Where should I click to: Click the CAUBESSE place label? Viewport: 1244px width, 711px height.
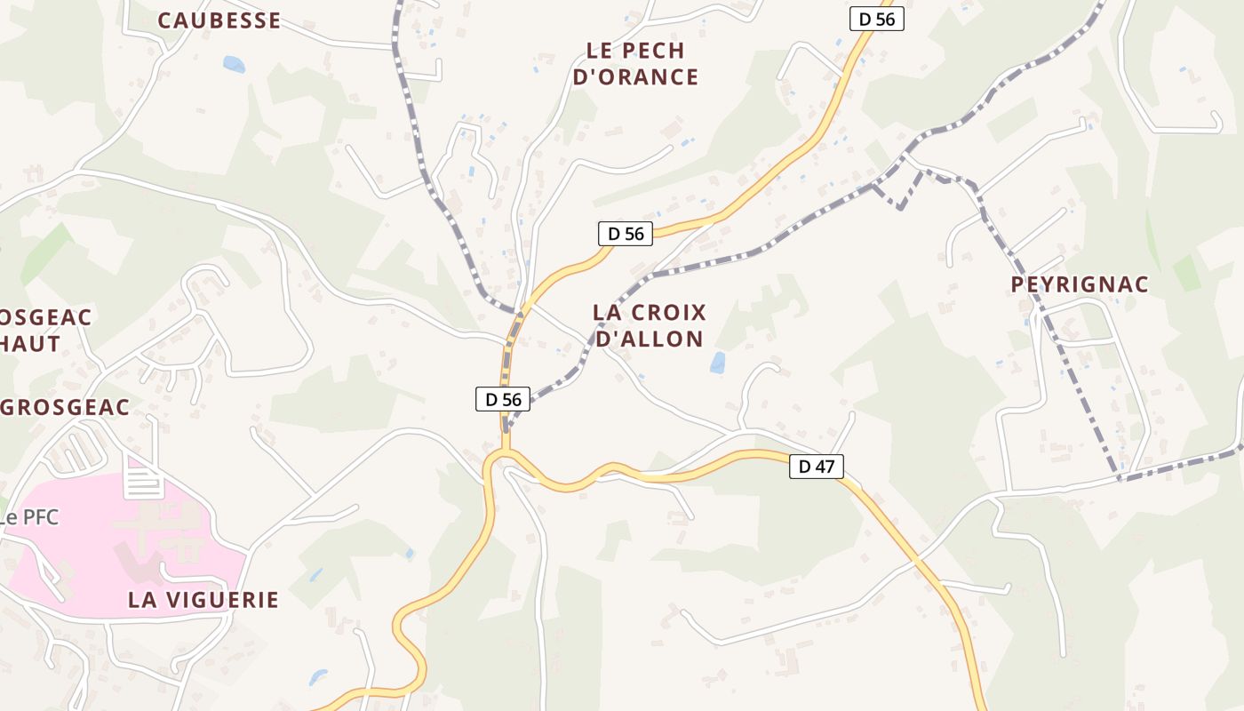tap(219, 20)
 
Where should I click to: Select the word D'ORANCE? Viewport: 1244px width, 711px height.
tap(635, 77)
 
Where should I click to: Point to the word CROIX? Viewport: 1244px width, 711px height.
tap(666, 313)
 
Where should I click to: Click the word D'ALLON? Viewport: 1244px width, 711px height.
tap(649, 339)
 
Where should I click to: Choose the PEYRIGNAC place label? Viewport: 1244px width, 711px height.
tap(1080, 284)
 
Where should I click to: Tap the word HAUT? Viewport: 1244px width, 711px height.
tap(30, 344)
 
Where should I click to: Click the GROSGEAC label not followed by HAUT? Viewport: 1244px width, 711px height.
tap(66, 407)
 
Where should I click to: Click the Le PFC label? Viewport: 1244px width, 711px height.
tap(29, 517)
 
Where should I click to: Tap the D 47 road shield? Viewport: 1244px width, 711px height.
tap(816, 466)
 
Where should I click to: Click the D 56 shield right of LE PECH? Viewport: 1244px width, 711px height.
tap(876, 19)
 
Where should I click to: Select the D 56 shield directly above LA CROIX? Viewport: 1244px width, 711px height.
tap(625, 234)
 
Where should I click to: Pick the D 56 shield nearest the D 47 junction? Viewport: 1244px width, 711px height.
tap(503, 399)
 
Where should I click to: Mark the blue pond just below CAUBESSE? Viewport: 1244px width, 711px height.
tap(234, 64)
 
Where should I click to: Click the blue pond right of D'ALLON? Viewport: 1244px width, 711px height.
tap(717, 363)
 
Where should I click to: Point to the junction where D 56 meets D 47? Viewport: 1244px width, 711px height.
tap(503, 455)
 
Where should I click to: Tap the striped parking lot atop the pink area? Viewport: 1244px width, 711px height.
tap(144, 482)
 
